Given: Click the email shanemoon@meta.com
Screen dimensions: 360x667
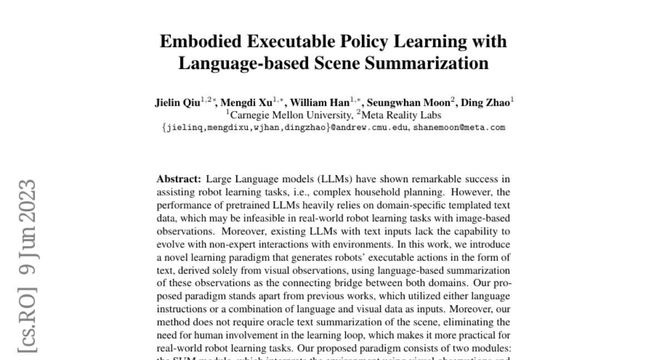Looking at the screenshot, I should [x=459, y=127].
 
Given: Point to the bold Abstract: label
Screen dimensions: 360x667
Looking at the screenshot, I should [x=179, y=179].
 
